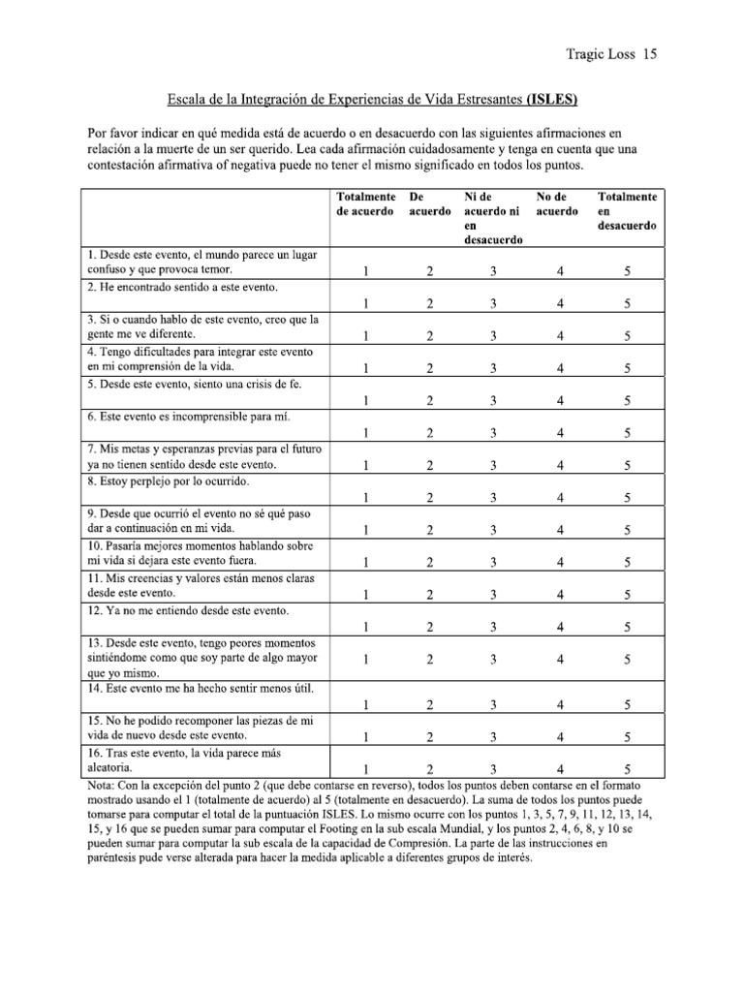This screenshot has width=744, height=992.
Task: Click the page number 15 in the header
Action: pos(650,55)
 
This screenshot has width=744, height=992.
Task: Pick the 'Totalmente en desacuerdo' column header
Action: pos(627,210)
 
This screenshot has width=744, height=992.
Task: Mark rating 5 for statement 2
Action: pos(628,303)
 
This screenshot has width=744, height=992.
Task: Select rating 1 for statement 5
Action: pos(365,400)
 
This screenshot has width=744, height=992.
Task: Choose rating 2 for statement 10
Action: pos(429,562)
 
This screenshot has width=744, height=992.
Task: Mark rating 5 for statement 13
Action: pos(628,659)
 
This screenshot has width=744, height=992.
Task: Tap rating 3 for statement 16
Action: pos(493,769)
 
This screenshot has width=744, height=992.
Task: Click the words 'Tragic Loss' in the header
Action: pos(600,55)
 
